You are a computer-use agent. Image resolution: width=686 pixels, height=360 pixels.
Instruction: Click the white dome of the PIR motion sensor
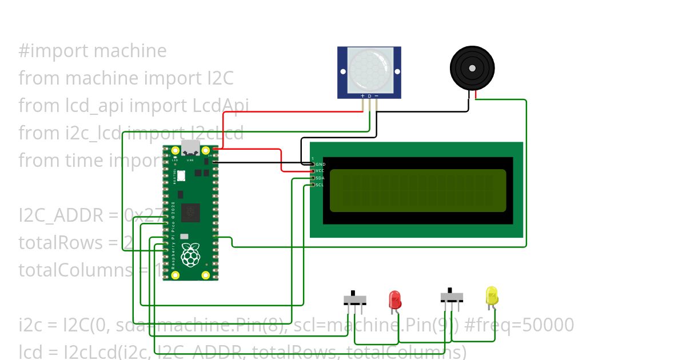369,71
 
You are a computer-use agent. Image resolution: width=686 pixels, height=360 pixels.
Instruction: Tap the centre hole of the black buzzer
472,68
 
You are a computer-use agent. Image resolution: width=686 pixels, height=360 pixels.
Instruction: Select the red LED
394,300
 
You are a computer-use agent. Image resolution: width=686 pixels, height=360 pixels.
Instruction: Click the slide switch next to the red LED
354,299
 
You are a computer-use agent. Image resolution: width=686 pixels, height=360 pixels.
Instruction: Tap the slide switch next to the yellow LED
452,297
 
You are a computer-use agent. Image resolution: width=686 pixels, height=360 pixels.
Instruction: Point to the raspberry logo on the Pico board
190,254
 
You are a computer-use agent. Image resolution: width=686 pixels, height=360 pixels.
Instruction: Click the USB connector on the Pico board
190,148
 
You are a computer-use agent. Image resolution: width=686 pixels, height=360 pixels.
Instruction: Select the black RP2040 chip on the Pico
190,213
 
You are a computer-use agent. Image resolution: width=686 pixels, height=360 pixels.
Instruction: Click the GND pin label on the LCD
320,164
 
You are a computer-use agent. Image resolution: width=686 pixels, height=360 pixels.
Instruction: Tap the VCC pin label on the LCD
320,171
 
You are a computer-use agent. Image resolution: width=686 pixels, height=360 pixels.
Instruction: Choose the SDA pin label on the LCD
320,178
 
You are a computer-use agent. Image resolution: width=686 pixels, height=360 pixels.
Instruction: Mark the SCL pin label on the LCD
320,185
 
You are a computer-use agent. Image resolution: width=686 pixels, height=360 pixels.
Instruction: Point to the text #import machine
93,51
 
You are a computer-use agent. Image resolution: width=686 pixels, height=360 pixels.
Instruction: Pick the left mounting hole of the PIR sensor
343,72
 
